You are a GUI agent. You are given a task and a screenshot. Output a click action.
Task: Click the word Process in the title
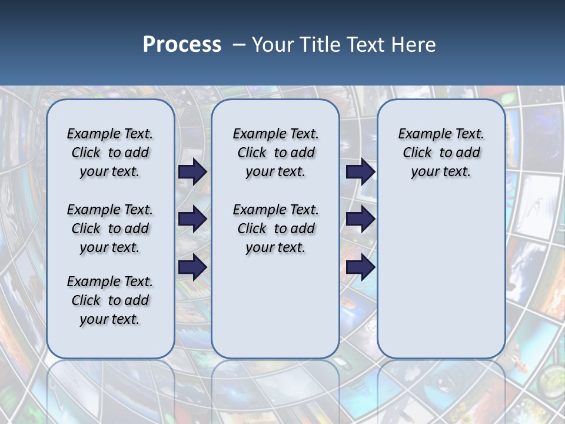(182, 45)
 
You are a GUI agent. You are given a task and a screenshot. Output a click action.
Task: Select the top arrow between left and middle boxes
(192, 172)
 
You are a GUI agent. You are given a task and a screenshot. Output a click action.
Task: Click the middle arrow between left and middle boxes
(192, 220)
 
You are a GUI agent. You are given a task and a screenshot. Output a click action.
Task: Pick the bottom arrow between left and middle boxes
(192, 267)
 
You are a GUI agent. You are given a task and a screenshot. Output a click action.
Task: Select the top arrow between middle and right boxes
(360, 172)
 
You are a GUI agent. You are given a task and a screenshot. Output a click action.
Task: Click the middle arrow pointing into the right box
(360, 220)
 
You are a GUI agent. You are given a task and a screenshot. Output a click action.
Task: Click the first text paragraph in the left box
(109, 153)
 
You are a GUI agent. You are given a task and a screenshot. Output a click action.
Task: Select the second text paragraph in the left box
(109, 228)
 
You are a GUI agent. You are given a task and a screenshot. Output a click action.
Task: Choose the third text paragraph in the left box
(109, 300)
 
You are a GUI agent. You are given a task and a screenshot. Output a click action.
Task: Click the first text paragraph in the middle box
(275, 153)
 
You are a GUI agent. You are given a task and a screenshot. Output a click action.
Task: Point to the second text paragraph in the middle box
(275, 228)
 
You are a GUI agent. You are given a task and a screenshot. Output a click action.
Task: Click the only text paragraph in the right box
(441, 153)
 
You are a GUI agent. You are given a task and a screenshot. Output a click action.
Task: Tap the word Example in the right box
(420, 134)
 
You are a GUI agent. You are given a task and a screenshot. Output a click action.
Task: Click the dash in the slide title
(239, 45)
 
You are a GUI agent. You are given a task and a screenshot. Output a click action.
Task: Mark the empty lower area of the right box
(441, 277)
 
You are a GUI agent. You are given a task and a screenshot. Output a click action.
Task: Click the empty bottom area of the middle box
(275, 312)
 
